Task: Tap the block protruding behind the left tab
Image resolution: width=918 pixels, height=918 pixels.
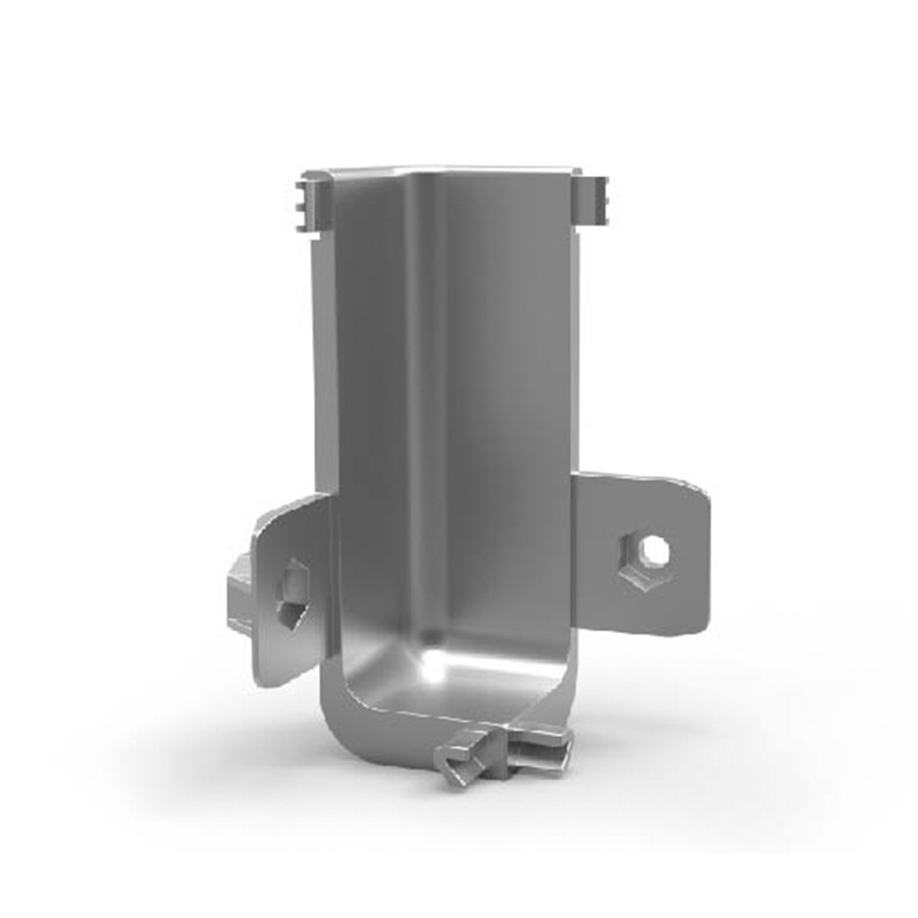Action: (x=239, y=593)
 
